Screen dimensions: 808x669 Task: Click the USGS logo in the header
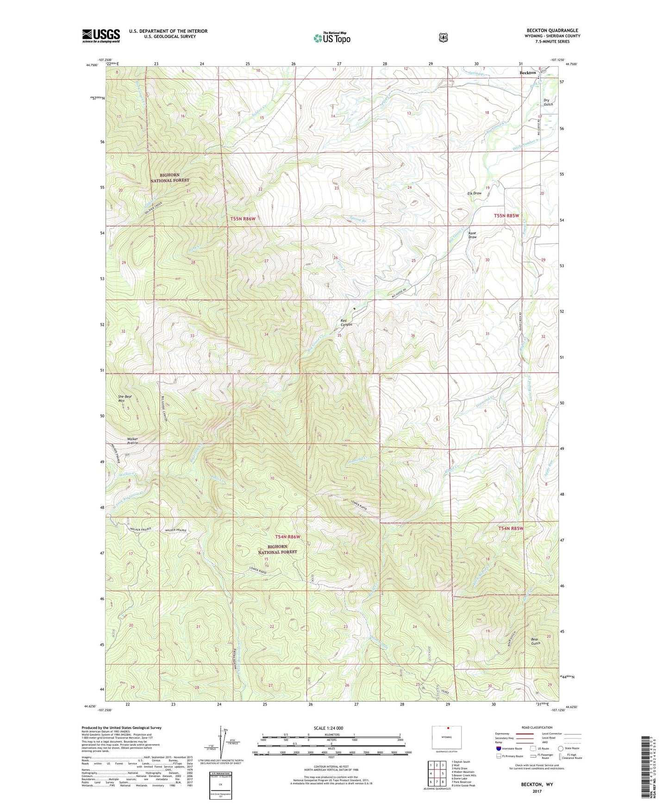[101, 36]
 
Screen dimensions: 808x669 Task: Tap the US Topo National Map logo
[331, 37]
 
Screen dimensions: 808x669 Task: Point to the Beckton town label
[527, 73]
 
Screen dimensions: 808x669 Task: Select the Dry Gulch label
[548, 102]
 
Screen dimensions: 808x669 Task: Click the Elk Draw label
[475, 193]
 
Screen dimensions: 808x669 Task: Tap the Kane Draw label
[472, 235]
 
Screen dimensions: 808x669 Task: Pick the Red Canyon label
[346, 323]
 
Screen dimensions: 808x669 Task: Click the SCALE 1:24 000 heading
[328, 728]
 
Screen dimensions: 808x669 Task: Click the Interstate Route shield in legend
[498, 748]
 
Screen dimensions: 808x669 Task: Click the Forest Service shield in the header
[444, 37]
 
